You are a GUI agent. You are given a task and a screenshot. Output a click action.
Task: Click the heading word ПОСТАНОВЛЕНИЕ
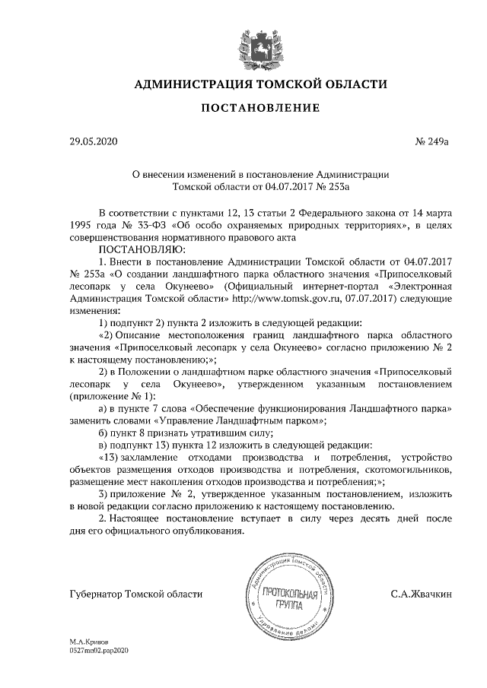pyautogui.click(x=259, y=108)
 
